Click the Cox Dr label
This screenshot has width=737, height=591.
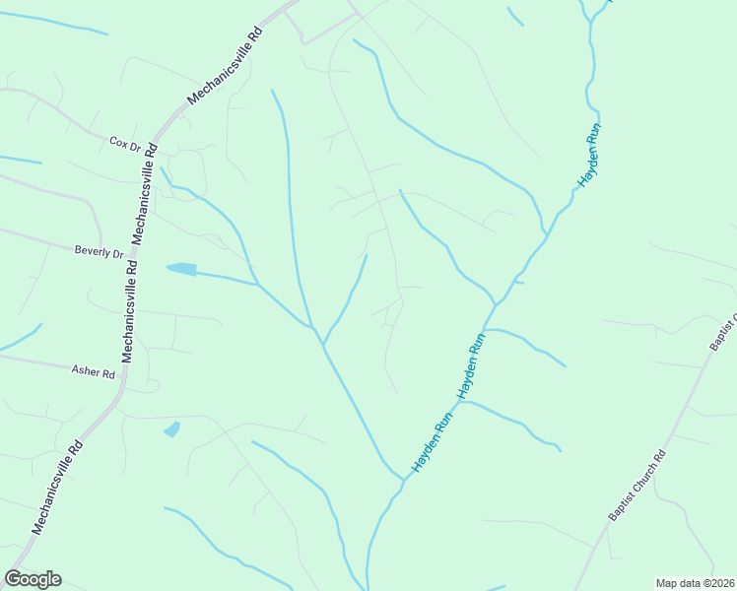point(125,143)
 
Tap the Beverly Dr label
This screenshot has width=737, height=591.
point(99,252)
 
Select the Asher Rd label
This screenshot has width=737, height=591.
point(94,371)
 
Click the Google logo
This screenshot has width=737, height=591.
point(33,579)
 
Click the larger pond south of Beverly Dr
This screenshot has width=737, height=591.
point(181,268)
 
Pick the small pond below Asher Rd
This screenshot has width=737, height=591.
point(172,429)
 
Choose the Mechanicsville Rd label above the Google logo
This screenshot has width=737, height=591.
point(58,487)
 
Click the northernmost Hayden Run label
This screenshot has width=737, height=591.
point(589,157)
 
